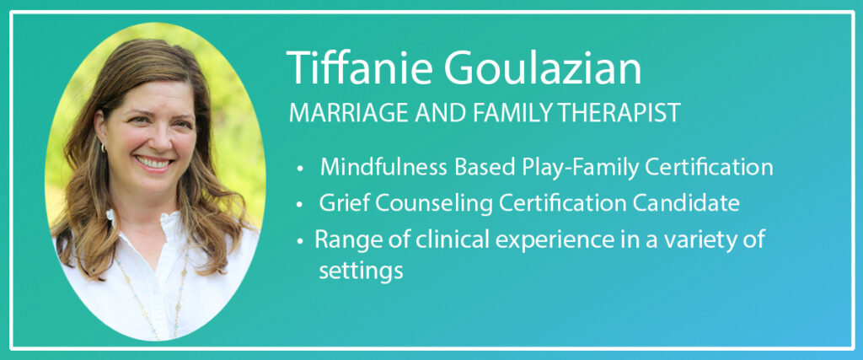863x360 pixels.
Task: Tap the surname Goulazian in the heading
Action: click(x=543, y=68)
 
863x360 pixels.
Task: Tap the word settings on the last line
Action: click(x=361, y=272)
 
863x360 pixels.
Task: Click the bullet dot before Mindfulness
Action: click(x=299, y=169)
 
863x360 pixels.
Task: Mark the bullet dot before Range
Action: click(x=299, y=242)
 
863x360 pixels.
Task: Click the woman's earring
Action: click(x=102, y=148)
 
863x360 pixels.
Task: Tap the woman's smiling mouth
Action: click(x=153, y=163)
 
